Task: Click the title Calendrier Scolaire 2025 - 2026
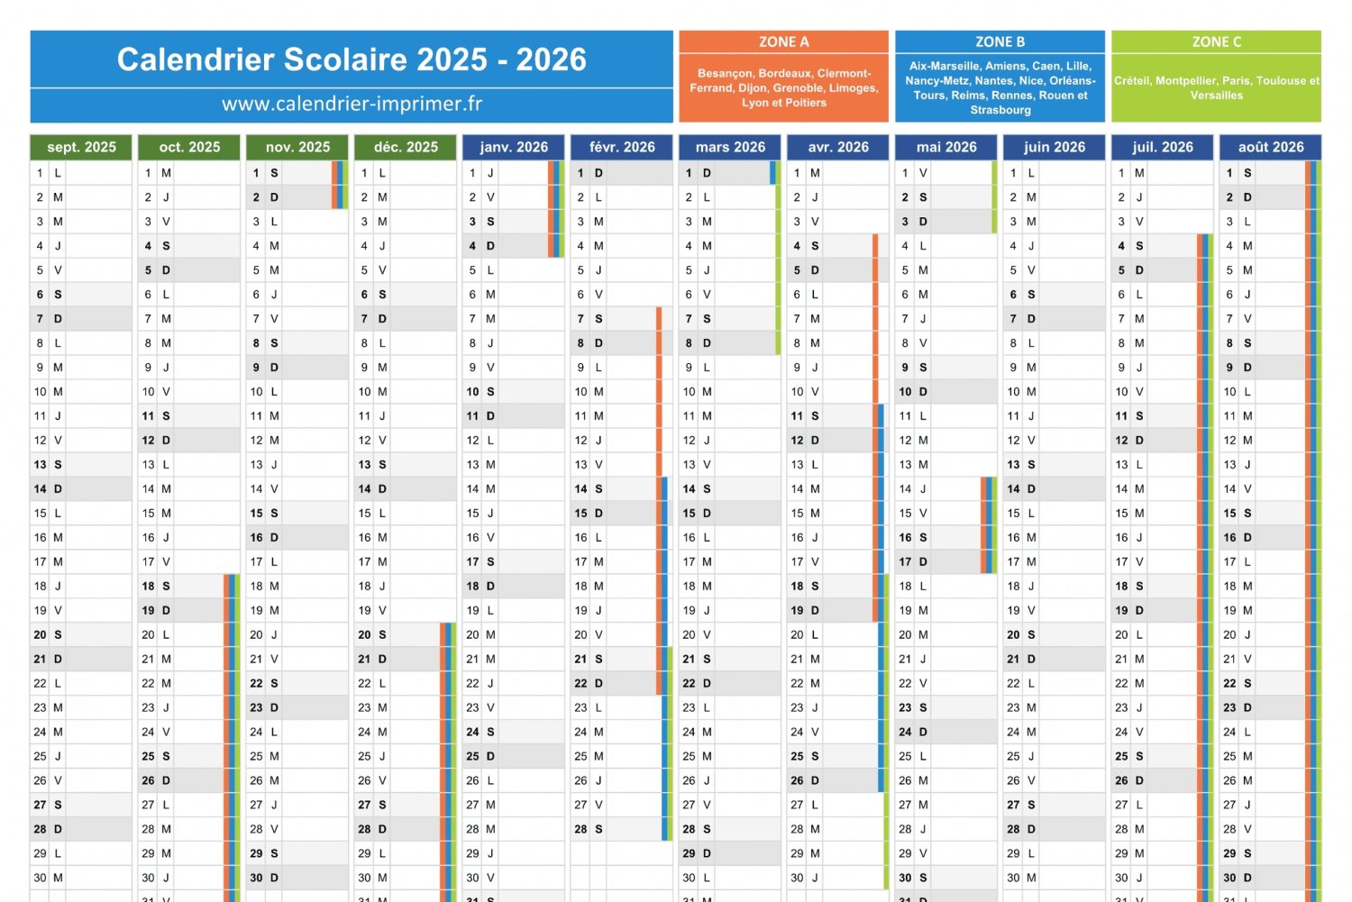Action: click(x=352, y=59)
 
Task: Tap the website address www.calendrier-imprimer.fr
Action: click(x=352, y=105)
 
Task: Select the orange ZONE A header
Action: click(x=783, y=42)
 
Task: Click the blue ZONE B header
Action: click(x=1000, y=42)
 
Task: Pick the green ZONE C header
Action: click(x=1216, y=42)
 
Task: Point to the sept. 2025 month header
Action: click(x=81, y=147)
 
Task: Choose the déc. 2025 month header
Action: click(x=406, y=147)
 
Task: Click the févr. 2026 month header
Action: click(x=622, y=147)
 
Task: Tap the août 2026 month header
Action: click(x=1270, y=147)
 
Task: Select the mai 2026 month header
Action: click(x=946, y=147)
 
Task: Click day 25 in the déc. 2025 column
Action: click(x=365, y=757)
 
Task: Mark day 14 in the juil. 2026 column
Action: click(x=1122, y=489)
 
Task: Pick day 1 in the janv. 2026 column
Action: click(x=473, y=173)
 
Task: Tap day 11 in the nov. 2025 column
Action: click(x=257, y=416)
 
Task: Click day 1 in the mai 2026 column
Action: click(x=906, y=173)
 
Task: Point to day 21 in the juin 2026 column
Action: click(x=1014, y=660)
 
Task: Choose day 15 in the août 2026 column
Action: click(x=1230, y=514)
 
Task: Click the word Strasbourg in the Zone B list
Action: click(x=1000, y=110)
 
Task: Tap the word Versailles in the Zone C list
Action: click(x=1216, y=96)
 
